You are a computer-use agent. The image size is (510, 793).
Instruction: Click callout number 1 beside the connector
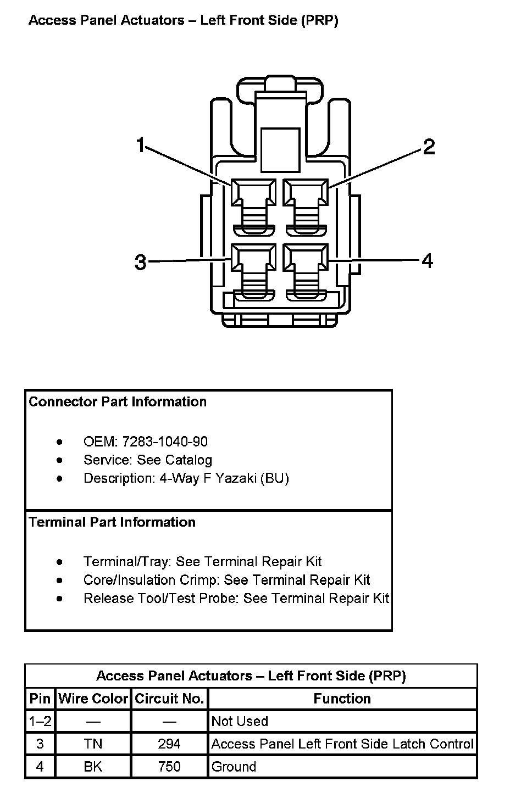[x=141, y=146]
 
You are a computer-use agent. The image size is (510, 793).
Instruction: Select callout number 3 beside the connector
[x=141, y=263]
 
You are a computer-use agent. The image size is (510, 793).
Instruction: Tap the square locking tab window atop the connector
[x=280, y=149]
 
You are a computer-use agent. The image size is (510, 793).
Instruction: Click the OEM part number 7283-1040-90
[x=165, y=442]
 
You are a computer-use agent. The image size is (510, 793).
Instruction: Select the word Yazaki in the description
[x=236, y=478]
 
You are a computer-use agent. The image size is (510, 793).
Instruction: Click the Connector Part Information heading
[x=118, y=402]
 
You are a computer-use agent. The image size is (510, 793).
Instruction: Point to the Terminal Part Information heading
[x=112, y=522]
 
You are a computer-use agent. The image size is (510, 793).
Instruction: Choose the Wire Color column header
[x=93, y=699]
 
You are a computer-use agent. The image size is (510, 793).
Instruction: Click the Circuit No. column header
[x=169, y=699]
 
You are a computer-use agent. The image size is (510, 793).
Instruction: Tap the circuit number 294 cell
[x=169, y=744]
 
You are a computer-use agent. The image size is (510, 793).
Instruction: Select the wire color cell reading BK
[x=93, y=767]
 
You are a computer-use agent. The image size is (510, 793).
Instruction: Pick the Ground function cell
[x=234, y=767]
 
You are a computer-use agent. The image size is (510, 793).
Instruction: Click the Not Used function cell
[x=240, y=721]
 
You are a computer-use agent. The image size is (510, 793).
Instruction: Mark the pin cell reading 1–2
[x=40, y=721]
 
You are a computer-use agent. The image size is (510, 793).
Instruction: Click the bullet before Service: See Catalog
[x=59, y=460]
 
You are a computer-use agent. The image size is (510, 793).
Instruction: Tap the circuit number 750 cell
[x=169, y=767]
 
